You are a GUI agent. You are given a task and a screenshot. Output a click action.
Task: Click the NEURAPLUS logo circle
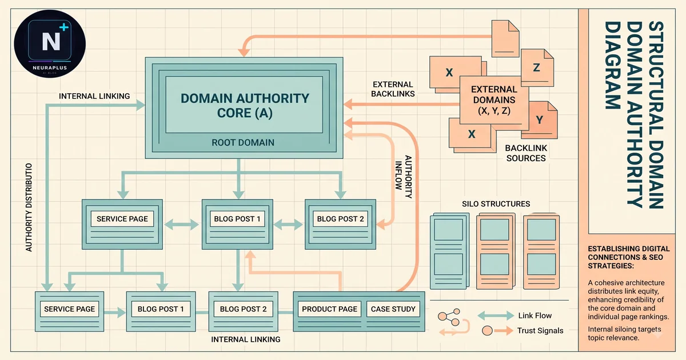click(x=50, y=44)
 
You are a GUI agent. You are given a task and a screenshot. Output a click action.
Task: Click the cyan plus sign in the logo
click(x=63, y=27)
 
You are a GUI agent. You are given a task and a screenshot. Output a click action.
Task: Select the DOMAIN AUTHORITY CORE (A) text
click(x=245, y=106)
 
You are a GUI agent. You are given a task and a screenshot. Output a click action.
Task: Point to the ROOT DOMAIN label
click(x=243, y=143)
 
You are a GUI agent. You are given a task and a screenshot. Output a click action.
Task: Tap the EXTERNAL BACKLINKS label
click(x=393, y=89)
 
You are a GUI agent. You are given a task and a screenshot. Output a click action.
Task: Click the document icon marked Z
click(x=537, y=67)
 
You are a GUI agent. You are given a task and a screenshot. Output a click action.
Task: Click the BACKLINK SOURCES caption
click(x=526, y=153)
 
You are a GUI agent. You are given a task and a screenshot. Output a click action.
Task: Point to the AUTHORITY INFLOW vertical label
click(x=404, y=177)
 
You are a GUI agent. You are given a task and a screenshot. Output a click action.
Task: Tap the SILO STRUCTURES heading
click(x=496, y=204)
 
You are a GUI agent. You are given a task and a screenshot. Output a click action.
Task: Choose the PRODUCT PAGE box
click(x=329, y=309)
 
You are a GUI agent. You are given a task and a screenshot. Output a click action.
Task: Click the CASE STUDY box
click(x=393, y=309)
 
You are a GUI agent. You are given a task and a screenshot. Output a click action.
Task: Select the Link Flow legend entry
click(x=514, y=315)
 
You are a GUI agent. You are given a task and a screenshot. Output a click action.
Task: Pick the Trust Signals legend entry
click(x=523, y=331)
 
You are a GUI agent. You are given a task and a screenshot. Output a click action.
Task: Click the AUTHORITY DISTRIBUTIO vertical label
click(x=29, y=207)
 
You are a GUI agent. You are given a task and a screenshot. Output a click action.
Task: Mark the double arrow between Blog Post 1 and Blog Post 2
click(x=288, y=225)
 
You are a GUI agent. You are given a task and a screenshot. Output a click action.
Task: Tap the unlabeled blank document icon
click(x=505, y=39)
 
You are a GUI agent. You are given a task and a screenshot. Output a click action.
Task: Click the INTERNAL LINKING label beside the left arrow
click(x=94, y=96)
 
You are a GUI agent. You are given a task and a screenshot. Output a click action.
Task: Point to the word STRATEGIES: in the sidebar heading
click(x=611, y=266)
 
